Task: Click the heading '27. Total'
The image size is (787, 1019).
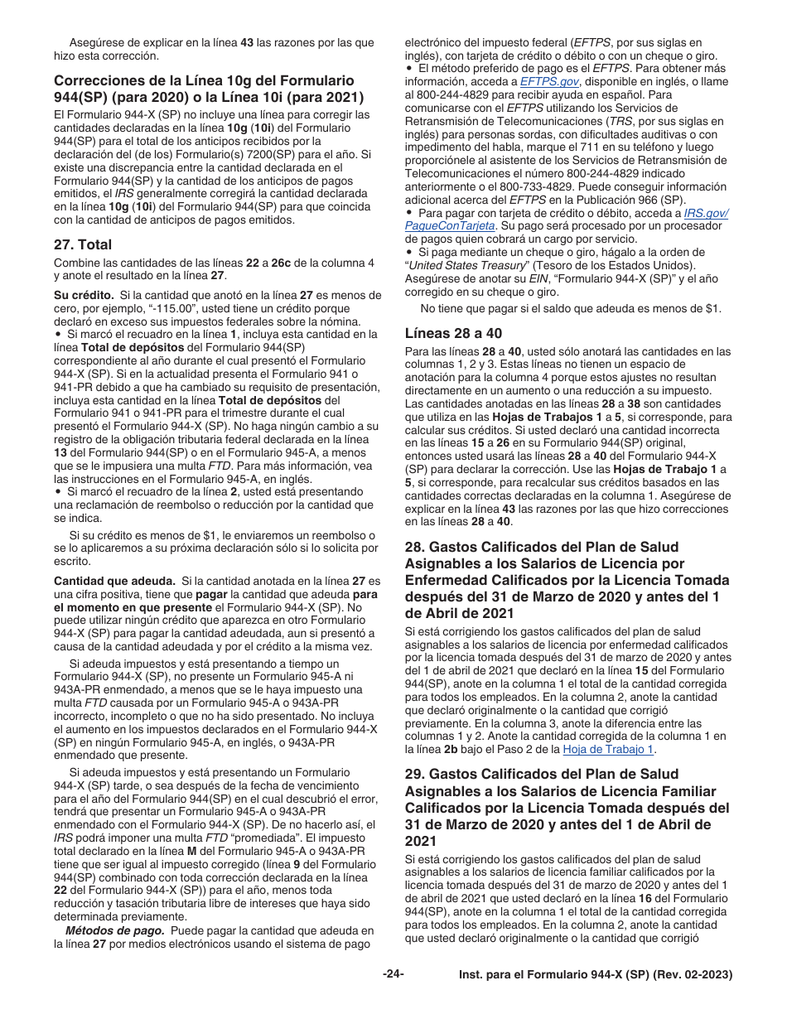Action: pos(83,244)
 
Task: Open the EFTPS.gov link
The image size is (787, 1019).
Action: pos(549,82)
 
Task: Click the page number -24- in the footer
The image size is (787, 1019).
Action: pos(393,974)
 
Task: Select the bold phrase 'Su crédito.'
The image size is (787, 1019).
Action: pos(84,295)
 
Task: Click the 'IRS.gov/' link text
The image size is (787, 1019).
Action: pos(706,213)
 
